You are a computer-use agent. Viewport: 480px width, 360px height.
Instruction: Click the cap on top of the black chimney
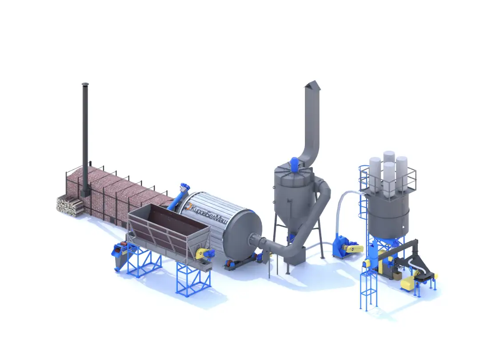click(85, 84)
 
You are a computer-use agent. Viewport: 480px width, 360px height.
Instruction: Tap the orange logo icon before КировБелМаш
click(189, 206)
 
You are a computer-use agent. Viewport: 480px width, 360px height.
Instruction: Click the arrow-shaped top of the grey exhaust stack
click(312, 86)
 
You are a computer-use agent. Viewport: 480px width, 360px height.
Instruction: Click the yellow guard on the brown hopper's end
click(201, 253)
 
